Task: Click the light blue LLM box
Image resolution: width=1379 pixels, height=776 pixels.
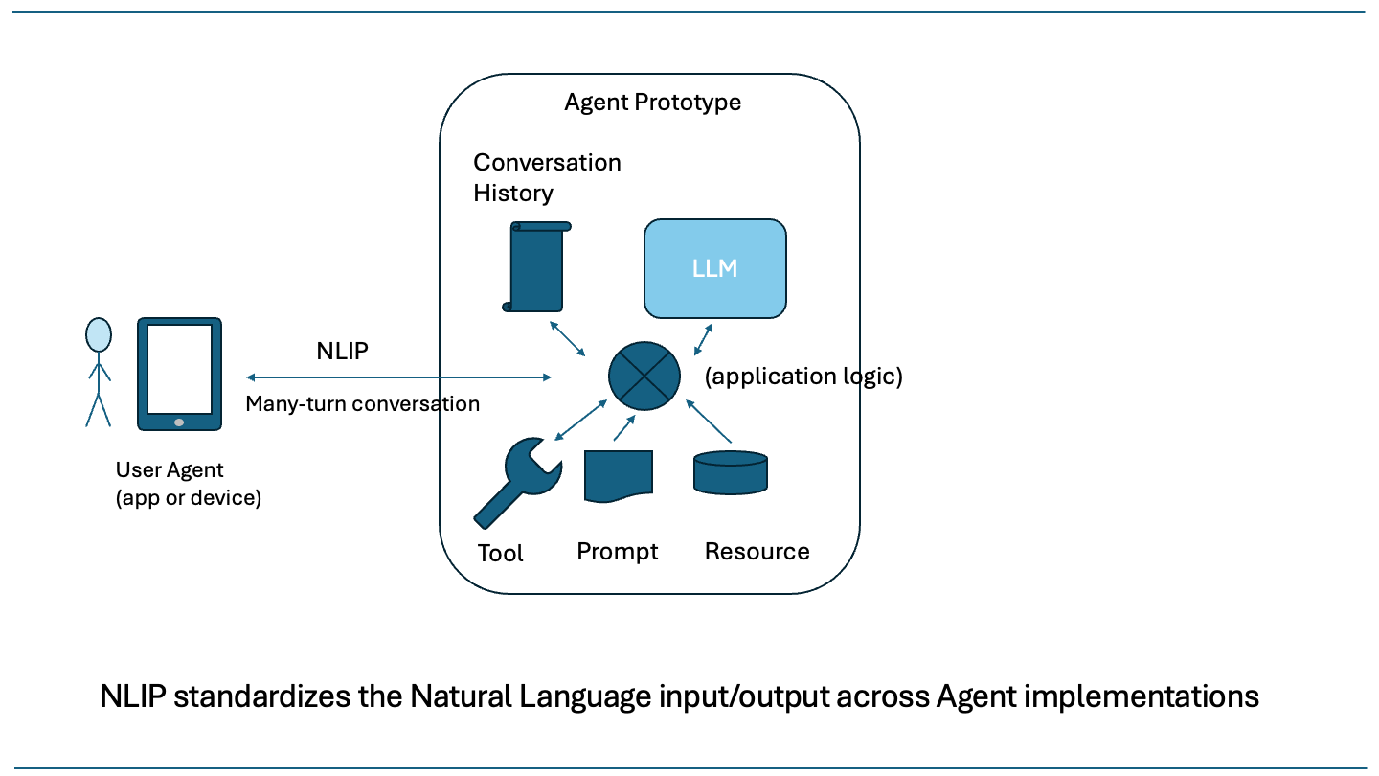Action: pyautogui.click(x=714, y=268)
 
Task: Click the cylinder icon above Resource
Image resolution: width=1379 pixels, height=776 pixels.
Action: pyautogui.click(x=731, y=472)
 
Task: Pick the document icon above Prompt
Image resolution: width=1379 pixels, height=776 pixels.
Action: pyautogui.click(x=618, y=475)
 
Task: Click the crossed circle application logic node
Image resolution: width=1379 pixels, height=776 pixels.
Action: pyautogui.click(x=644, y=375)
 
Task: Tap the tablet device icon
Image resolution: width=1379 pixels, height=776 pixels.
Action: pyautogui.click(x=179, y=374)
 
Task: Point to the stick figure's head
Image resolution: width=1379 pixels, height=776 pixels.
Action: pyautogui.click(x=98, y=335)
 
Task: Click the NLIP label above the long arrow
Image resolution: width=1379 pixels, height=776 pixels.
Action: pyautogui.click(x=342, y=352)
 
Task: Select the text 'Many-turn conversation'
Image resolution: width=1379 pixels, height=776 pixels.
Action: pyautogui.click(x=362, y=403)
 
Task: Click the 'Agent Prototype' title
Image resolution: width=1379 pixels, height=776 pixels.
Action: pyautogui.click(x=652, y=103)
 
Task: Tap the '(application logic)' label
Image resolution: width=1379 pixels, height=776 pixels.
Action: pyautogui.click(x=803, y=377)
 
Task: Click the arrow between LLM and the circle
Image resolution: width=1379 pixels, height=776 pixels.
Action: pyautogui.click(x=703, y=338)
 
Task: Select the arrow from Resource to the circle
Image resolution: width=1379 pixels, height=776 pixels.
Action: pyautogui.click(x=710, y=422)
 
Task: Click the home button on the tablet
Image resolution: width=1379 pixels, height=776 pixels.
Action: pyautogui.click(x=179, y=422)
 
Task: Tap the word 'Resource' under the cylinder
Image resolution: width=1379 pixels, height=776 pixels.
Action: pyautogui.click(x=757, y=552)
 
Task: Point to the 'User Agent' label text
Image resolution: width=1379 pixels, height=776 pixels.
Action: pyautogui.click(x=170, y=470)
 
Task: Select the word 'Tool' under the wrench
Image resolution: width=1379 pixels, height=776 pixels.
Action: pyautogui.click(x=500, y=554)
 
